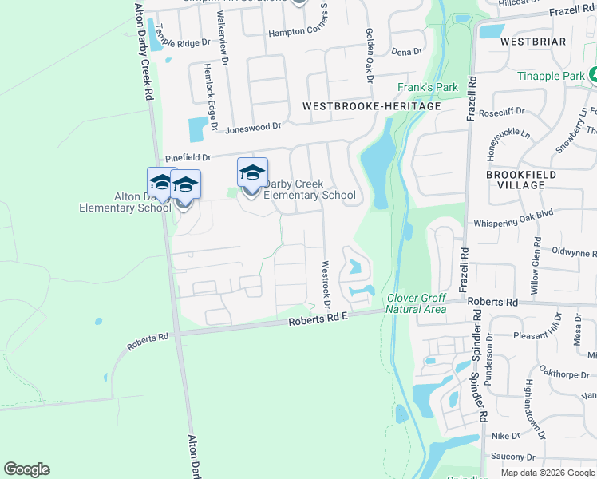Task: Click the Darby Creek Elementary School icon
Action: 252,173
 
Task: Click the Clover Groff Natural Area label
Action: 416,303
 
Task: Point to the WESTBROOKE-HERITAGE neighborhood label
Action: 372,105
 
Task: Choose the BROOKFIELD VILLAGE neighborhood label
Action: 515,179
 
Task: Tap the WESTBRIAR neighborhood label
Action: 534,41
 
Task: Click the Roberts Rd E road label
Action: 319,319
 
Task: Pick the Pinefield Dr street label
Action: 188,158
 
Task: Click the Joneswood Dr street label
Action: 254,126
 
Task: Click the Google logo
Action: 26,469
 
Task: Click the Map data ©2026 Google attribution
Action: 548,473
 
